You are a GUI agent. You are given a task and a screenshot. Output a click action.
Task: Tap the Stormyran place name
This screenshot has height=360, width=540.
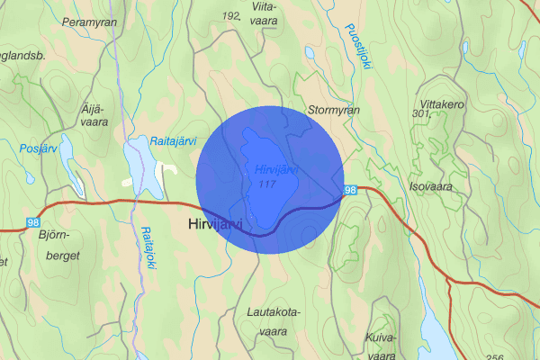(333, 111)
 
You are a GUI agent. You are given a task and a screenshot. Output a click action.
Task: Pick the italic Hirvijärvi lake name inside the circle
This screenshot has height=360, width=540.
(275, 169)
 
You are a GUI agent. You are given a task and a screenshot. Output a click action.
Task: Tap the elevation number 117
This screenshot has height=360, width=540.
(265, 184)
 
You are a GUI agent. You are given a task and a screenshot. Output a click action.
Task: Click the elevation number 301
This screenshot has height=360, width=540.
(418, 114)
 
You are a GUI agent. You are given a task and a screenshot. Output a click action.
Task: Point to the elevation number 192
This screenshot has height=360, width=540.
(230, 16)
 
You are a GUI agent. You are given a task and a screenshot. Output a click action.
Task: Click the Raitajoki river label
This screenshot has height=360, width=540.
(148, 243)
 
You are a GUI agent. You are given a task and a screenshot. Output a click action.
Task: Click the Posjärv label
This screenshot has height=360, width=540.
(38, 147)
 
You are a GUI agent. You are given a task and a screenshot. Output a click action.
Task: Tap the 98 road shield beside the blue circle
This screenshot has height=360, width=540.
(350, 190)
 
